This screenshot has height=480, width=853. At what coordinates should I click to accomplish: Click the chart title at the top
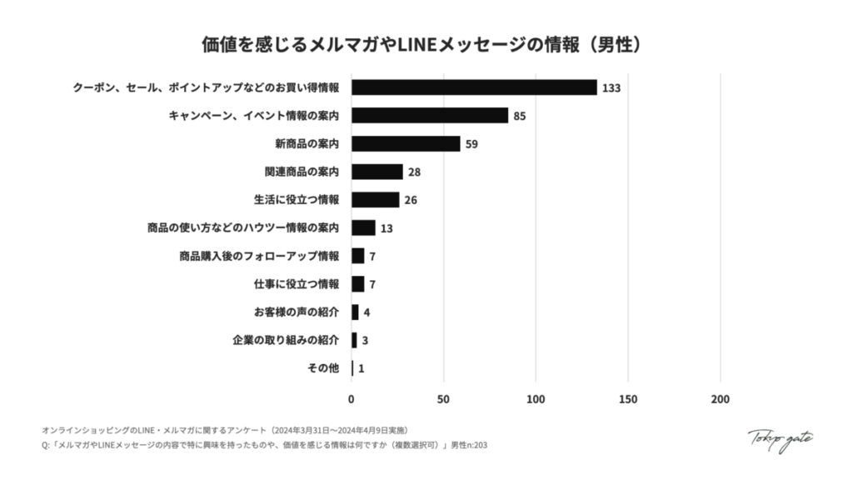coord(426,43)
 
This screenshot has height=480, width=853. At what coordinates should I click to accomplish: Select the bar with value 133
coord(474,87)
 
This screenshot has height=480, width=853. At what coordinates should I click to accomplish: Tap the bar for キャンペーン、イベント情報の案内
coord(430,116)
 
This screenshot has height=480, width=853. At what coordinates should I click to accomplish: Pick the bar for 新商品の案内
coord(406,143)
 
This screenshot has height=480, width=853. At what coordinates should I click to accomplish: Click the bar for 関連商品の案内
coord(377,172)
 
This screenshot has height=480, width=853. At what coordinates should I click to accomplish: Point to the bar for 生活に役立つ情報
coord(376,200)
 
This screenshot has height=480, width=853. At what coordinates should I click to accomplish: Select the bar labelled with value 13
coord(363,227)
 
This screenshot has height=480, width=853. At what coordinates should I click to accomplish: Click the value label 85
coord(519,116)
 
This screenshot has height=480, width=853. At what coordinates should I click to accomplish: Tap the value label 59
coord(471,144)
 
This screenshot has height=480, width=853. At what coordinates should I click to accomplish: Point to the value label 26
coord(411,201)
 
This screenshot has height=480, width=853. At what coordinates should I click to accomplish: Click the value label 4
coord(367,312)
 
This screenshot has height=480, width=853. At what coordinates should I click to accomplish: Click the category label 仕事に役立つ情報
coord(297,284)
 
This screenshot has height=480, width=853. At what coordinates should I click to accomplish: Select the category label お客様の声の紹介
coord(297,312)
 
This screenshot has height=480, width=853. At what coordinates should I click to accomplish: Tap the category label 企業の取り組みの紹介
coord(286,340)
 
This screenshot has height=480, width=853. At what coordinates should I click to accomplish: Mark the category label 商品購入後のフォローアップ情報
coord(259,256)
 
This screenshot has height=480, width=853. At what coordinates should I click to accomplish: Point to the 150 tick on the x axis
coord(628,399)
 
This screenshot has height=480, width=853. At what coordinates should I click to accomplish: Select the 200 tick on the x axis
coord(720,399)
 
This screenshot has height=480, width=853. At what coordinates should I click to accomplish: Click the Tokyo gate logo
coord(780,439)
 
